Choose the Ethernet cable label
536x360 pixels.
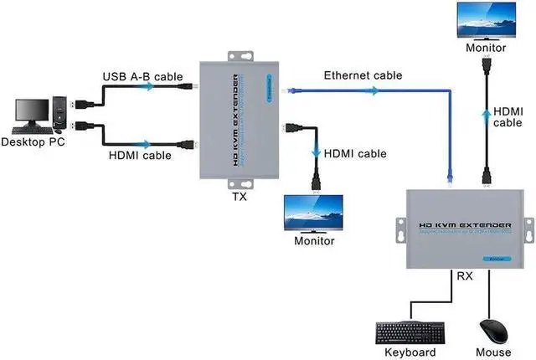click(363, 75)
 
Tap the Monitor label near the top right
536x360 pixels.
click(486, 48)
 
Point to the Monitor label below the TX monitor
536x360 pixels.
click(314, 241)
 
